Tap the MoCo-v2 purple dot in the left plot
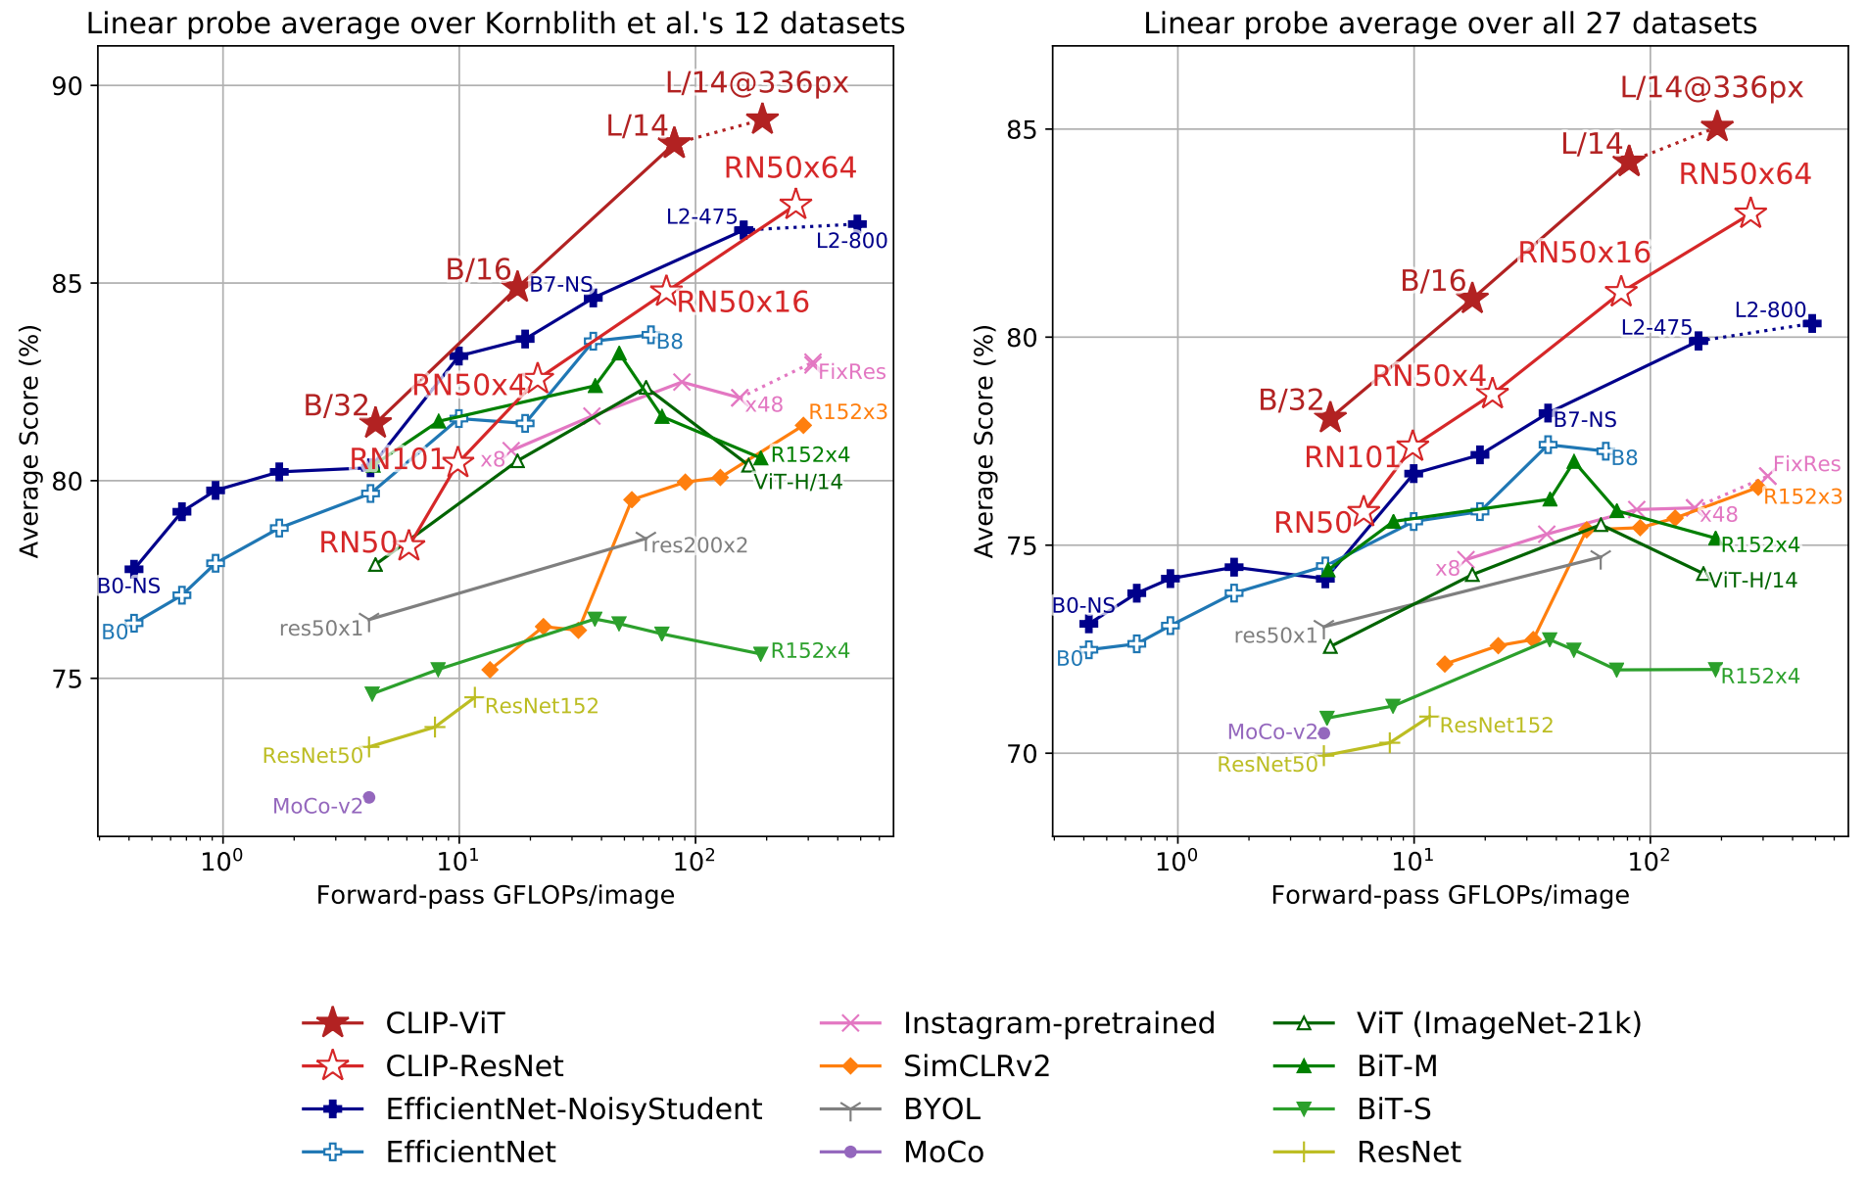(x=369, y=797)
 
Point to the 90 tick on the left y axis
(x=72, y=86)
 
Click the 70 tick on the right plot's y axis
(x=1027, y=754)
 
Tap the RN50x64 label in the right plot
(x=1745, y=174)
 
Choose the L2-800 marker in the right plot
(x=1812, y=323)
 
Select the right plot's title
(x=1450, y=24)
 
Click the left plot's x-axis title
(x=495, y=895)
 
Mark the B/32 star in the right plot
(x=1330, y=418)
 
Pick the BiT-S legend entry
(x=1394, y=1109)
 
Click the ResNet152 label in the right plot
(x=1496, y=726)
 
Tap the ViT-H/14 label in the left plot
(x=798, y=482)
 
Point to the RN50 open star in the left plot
(x=409, y=546)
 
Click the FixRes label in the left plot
(x=851, y=372)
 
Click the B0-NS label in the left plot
(x=128, y=587)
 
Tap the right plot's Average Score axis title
(x=983, y=441)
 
